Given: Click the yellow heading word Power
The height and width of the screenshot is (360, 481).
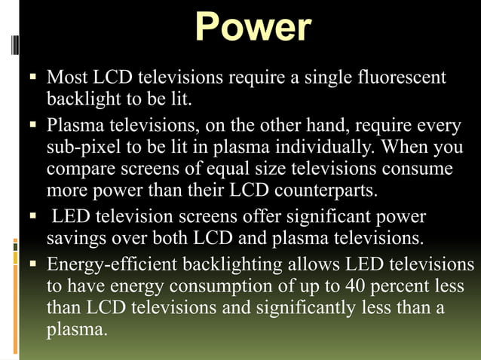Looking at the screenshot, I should pos(253,28).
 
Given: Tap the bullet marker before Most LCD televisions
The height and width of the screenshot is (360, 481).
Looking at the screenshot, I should pos(32,78).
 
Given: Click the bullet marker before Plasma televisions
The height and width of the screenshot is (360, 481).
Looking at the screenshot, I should pos(32,124).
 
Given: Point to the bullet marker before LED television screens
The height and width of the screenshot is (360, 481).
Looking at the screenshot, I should pos(32,218).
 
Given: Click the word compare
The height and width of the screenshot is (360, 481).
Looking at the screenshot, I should pos(80,167).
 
